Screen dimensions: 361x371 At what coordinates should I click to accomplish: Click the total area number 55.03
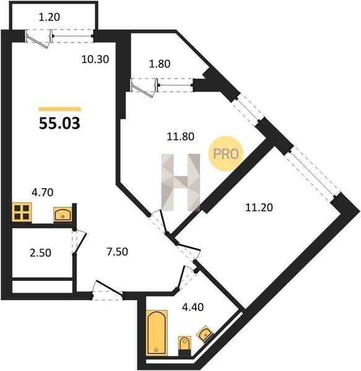(59, 123)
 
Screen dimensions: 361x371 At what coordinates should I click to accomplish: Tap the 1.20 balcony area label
(50, 17)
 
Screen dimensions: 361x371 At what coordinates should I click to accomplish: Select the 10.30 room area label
(95, 59)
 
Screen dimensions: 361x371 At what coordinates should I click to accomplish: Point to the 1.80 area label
(160, 64)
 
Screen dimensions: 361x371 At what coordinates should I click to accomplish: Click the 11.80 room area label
(181, 137)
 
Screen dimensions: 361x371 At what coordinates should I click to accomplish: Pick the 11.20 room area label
(259, 208)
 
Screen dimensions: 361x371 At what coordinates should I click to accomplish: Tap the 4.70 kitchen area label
(42, 192)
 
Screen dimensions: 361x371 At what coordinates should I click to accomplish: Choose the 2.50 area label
(40, 253)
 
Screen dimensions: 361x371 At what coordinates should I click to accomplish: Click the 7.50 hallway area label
(117, 252)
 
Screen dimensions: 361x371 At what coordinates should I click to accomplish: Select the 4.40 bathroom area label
(193, 307)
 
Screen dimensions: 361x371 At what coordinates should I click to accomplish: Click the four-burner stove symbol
(22, 213)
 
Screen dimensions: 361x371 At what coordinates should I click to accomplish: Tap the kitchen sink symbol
(63, 215)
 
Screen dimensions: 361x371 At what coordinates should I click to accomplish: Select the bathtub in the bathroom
(157, 333)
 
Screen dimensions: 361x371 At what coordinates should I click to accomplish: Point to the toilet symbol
(185, 345)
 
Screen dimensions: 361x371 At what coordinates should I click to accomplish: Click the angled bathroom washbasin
(205, 334)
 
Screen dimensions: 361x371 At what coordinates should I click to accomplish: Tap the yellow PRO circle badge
(226, 154)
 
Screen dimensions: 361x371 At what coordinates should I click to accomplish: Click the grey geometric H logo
(181, 182)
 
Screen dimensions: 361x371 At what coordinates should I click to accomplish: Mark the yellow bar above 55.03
(60, 109)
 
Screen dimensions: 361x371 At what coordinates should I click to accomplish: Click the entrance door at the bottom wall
(108, 290)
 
